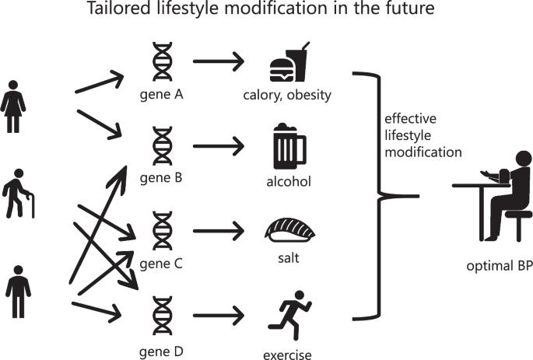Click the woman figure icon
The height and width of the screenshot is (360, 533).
click(13, 107)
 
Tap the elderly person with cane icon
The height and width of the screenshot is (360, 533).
click(19, 194)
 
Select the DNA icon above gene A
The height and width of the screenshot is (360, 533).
click(162, 61)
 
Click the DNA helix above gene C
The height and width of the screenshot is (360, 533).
click(162, 231)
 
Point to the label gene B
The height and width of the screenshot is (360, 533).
click(161, 178)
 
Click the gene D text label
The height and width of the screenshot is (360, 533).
click(162, 351)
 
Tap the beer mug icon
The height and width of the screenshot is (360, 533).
click(289, 146)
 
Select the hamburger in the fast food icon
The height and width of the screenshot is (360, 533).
click(282, 70)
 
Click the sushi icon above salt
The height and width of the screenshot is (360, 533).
click(289, 230)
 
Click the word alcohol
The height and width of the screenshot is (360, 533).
click(289, 182)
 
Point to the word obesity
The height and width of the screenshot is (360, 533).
click(309, 95)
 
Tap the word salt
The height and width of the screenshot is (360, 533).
click(289, 258)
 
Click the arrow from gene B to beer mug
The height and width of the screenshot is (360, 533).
click(219, 146)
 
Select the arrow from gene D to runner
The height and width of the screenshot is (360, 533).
click(219, 316)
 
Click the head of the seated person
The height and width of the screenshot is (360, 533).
click(524, 159)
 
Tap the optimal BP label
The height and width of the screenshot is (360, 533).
click(500, 266)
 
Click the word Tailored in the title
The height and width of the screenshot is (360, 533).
click(118, 8)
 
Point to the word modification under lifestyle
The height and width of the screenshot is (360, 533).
click(423, 152)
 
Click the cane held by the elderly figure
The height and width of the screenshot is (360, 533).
click(33, 205)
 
